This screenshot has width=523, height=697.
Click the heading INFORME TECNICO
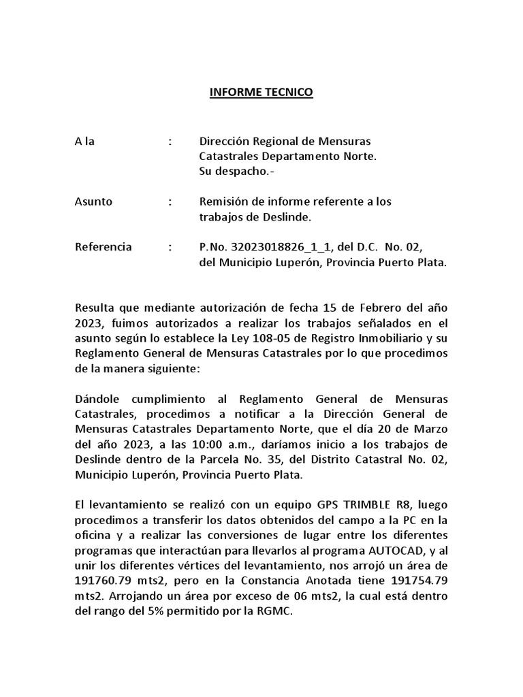click(x=261, y=93)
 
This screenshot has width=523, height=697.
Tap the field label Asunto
click(x=93, y=201)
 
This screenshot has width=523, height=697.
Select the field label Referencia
click(x=104, y=246)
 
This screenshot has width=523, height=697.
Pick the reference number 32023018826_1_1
click(x=284, y=246)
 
